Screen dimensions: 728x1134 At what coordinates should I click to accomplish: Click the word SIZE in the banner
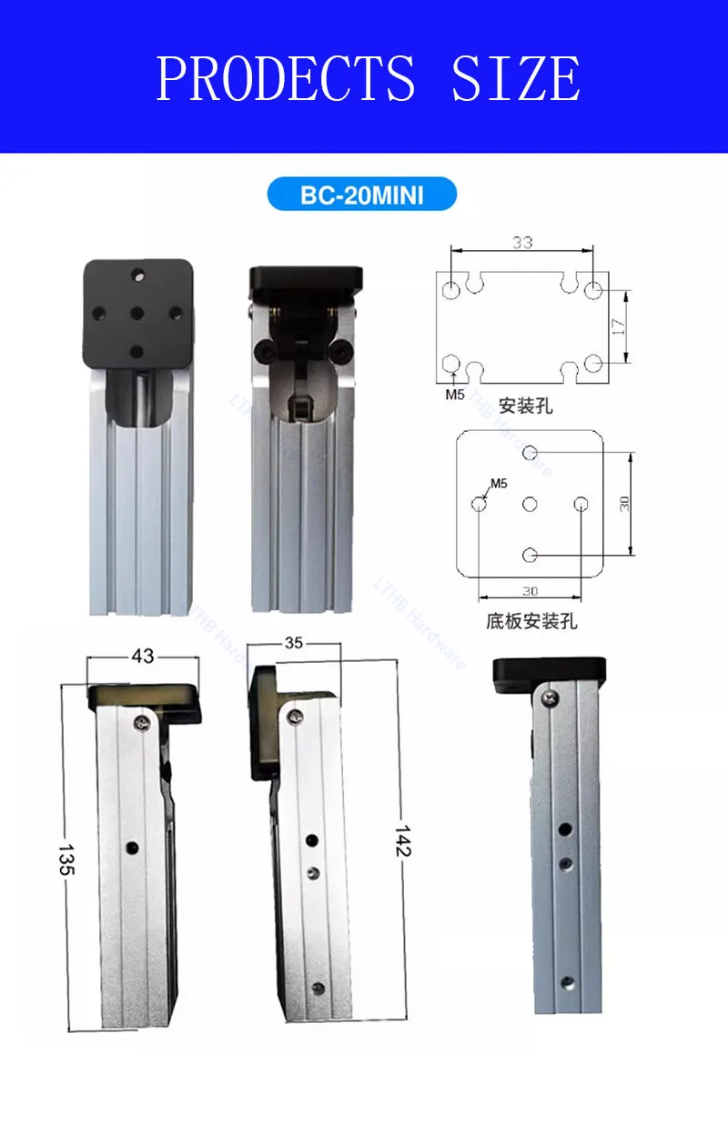[x=516, y=78]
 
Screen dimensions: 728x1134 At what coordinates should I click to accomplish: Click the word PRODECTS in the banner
[x=286, y=78]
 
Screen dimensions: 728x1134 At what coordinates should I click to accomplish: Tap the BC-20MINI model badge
[x=361, y=194]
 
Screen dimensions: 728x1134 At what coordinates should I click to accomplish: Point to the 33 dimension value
[x=522, y=243]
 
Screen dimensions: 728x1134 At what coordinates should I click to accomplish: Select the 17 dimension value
[x=618, y=326]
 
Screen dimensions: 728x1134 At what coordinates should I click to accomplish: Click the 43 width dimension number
[x=142, y=656]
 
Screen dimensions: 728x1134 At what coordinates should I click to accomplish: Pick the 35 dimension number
[x=294, y=643]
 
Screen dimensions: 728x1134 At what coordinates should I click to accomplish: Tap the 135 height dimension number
[x=66, y=859]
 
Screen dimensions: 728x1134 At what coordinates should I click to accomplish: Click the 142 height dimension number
[x=403, y=841]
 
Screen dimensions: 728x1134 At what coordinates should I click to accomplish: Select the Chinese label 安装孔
[x=525, y=406]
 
